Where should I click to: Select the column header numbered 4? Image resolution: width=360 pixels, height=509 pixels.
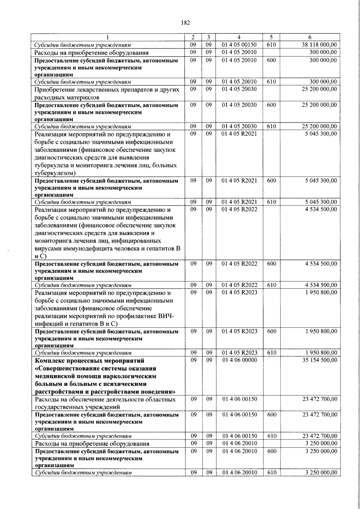[239, 37]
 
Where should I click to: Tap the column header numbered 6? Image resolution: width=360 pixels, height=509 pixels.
[310, 37]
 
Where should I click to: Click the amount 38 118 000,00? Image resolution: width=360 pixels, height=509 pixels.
[319, 45]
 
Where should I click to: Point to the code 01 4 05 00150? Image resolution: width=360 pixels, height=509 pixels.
[239, 45]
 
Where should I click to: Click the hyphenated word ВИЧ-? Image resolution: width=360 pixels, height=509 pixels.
[167, 316]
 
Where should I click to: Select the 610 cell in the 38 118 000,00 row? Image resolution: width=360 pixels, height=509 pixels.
[271, 45]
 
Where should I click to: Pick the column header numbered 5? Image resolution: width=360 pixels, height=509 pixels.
[271, 37]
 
